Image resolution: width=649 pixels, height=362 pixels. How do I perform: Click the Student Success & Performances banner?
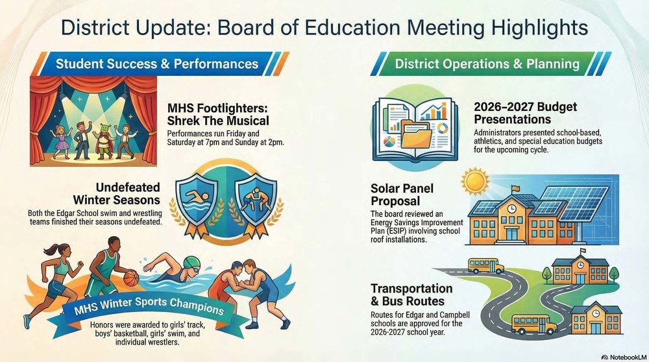click(x=156, y=64)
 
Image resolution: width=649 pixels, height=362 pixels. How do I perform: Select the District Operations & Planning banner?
click(x=487, y=64)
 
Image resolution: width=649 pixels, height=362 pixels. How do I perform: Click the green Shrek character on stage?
click(x=99, y=132)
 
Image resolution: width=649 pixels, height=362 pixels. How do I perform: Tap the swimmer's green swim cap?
click(x=189, y=262)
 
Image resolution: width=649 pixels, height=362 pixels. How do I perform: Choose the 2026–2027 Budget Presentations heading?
click(x=517, y=113)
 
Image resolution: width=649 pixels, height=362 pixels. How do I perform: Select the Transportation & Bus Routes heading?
click(x=411, y=295)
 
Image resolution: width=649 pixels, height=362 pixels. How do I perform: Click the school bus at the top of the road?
click(x=485, y=265)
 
